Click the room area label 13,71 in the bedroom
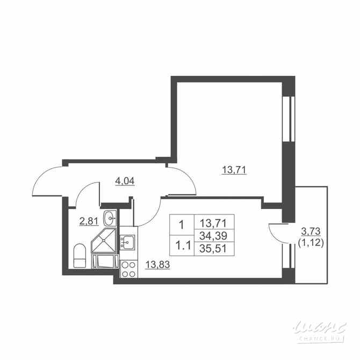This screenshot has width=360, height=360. tap(234, 170)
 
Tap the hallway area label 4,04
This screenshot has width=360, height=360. tap(125, 181)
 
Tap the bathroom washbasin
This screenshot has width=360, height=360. tap(111, 218)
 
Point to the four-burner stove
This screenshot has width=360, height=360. tap(128, 269)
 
